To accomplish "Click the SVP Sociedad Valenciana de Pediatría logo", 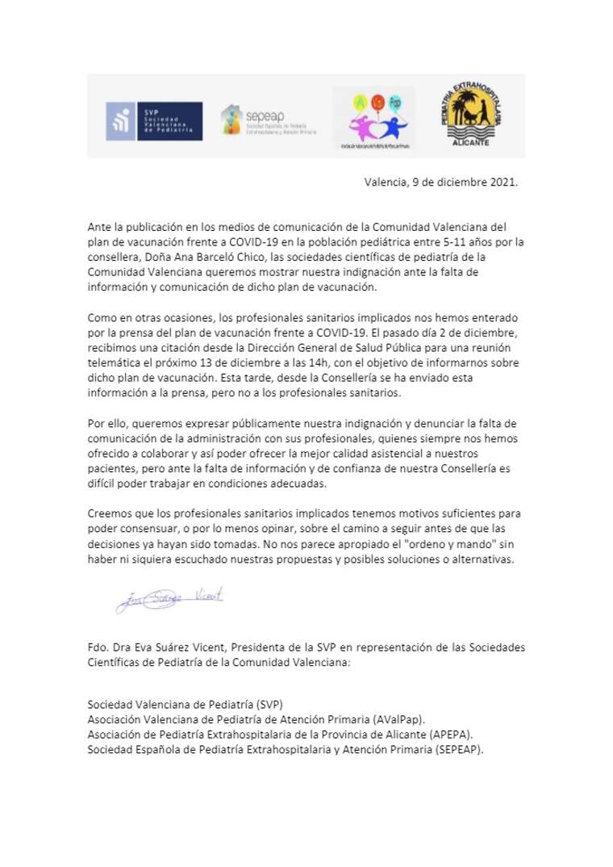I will coord(154,121).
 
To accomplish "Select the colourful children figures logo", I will coord(373,119).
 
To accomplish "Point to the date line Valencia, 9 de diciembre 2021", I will coord(441,182).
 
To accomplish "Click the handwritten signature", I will coord(169,599).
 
